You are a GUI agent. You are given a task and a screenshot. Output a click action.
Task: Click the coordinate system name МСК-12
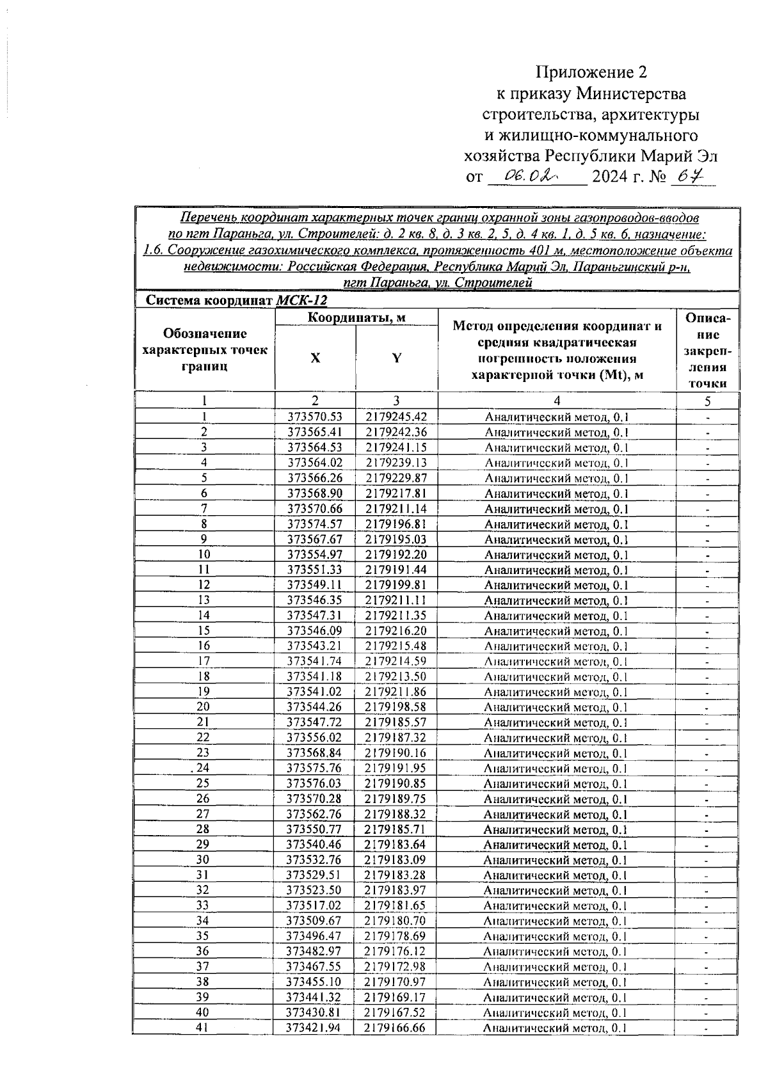[x=301, y=301]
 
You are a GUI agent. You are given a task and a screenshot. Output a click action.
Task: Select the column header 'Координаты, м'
[x=356, y=317]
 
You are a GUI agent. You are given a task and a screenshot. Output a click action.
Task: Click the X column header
[x=316, y=358]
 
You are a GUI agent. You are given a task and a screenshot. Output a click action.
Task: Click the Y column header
[x=397, y=358]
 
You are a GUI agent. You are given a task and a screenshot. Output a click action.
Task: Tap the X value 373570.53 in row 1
[x=315, y=417]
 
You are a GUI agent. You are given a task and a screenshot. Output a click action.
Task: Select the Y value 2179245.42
[x=396, y=417]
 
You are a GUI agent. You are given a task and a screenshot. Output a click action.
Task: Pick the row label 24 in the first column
[x=203, y=768]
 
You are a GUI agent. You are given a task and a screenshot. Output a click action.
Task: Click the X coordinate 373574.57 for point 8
[x=315, y=524]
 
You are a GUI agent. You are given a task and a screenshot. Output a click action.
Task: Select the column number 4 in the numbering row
[x=557, y=401]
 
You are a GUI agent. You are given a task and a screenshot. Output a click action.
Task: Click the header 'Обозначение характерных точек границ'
[x=205, y=350]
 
